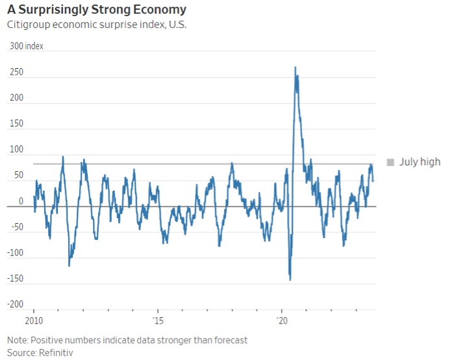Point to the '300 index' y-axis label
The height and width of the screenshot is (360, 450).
(x=26, y=47)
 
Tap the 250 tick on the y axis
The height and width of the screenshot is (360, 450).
(x=16, y=72)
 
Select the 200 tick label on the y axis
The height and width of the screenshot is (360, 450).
(x=16, y=98)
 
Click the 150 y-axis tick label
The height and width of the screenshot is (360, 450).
(x=16, y=124)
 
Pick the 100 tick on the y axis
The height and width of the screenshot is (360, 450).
(x=16, y=150)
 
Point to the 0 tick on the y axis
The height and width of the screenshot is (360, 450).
(x=21, y=201)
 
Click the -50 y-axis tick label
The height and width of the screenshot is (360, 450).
(x=16, y=227)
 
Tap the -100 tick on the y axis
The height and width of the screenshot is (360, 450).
(x=16, y=253)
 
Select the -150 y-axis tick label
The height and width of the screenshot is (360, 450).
(x=16, y=279)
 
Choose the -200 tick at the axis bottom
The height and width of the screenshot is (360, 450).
(x=16, y=304)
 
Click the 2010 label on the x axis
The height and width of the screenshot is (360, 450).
(x=33, y=321)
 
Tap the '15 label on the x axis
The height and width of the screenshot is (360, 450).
(x=158, y=321)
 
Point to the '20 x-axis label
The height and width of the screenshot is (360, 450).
(x=282, y=321)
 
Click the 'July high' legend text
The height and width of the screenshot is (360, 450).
(x=419, y=162)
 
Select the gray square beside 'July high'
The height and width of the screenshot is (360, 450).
(x=390, y=162)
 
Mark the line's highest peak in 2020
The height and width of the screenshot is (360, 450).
(x=295, y=67)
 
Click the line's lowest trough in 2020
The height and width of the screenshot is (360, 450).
(x=290, y=280)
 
